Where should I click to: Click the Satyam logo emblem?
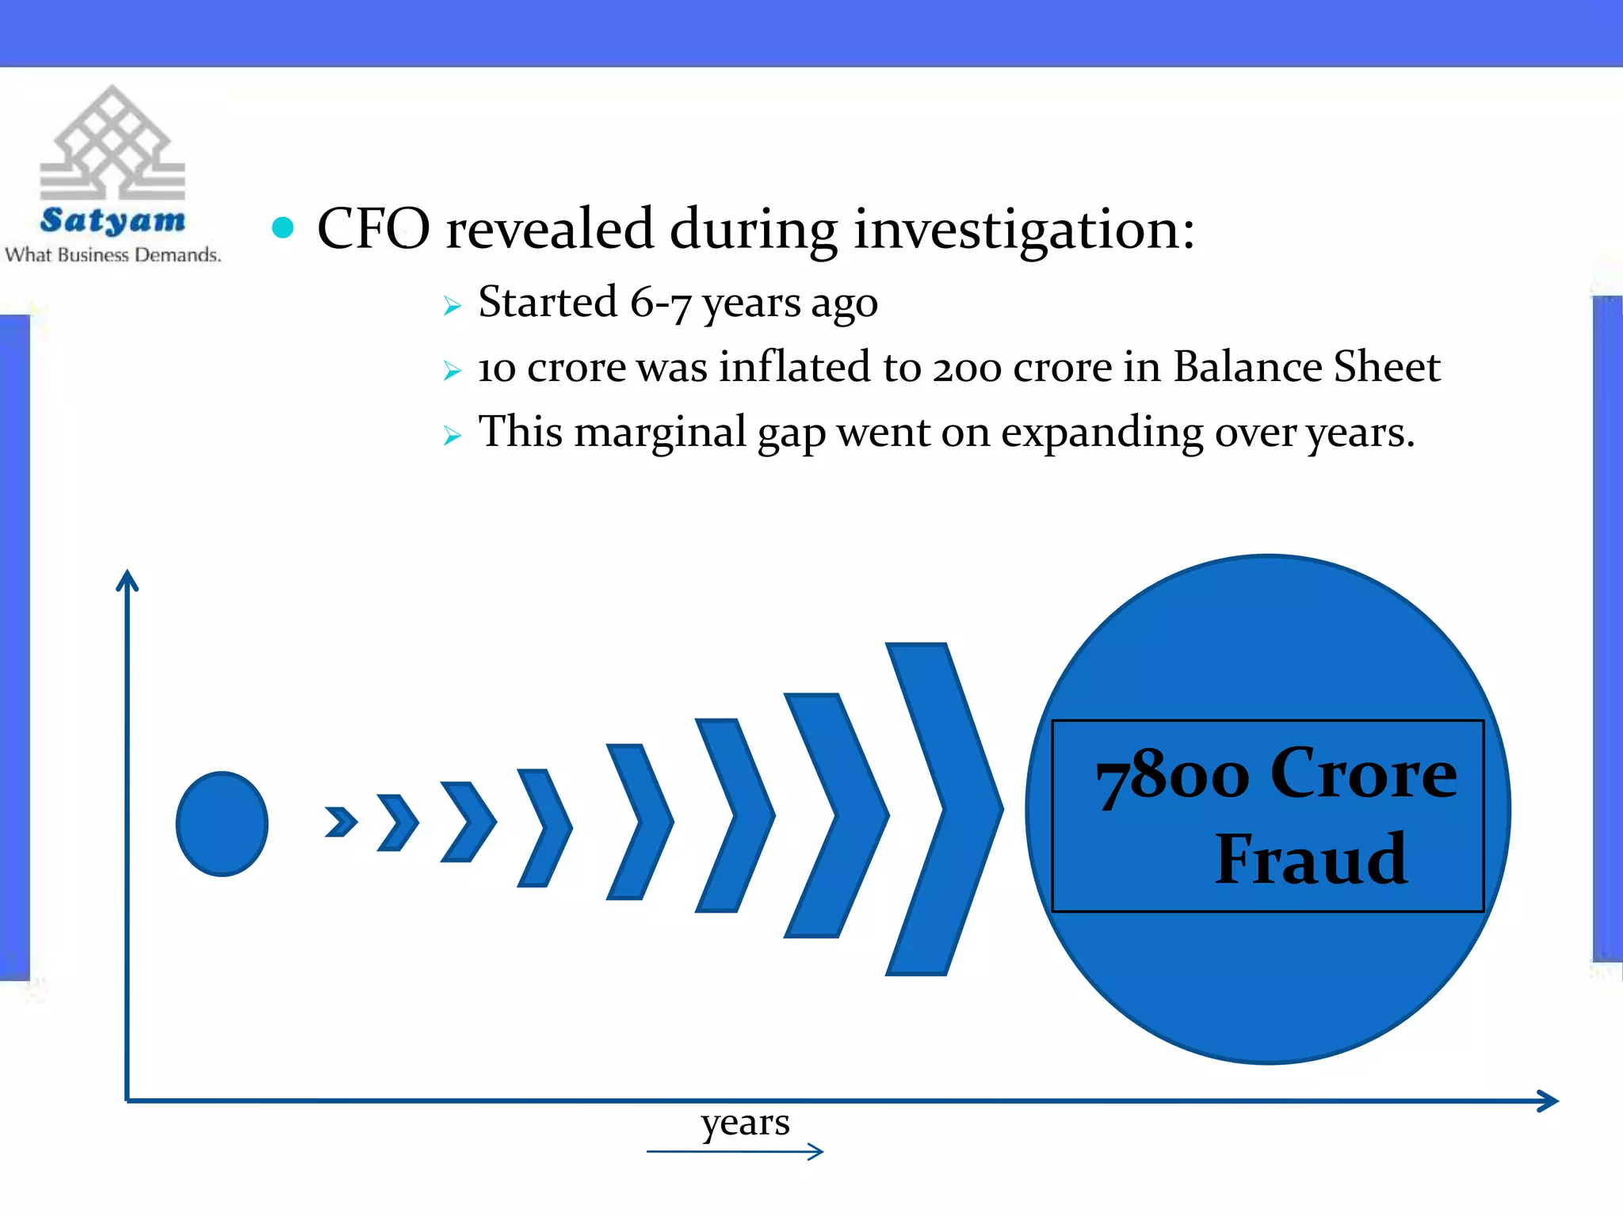(113, 144)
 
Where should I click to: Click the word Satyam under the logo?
(113, 220)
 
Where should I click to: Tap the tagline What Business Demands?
(113, 255)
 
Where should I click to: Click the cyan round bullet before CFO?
(283, 228)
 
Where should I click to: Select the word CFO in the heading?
(373, 229)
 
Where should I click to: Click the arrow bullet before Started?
(452, 306)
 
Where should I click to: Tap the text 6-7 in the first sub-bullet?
(661, 303)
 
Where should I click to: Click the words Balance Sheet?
(1306, 368)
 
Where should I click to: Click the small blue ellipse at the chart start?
(222, 824)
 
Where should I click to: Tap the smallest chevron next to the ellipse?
(341, 822)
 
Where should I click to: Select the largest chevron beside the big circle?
(943, 808)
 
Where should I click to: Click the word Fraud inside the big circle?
(1311, 859)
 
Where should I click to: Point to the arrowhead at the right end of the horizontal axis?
(1549, 1101)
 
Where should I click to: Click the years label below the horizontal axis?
(745, 1123)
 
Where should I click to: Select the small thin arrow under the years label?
(735, 1151)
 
